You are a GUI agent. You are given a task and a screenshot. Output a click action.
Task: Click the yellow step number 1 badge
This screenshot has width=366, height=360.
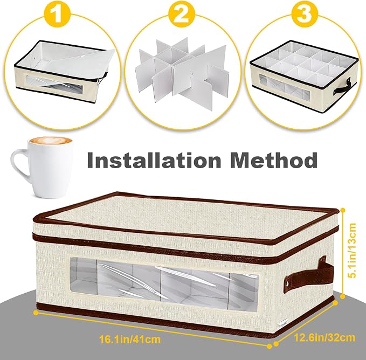tap(57, 14)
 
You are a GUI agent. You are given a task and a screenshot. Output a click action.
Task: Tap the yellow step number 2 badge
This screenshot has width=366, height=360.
tap(182, 14)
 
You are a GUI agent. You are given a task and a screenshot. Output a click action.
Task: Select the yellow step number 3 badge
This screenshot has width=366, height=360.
tap(303, 14)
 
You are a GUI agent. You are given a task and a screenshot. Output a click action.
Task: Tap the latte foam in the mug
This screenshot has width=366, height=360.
tap(51, 141)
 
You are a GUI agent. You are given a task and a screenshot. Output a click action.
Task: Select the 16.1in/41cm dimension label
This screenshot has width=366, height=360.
tap(130, 339)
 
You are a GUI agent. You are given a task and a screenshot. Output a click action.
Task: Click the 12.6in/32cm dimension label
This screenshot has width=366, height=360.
tap(324, 337)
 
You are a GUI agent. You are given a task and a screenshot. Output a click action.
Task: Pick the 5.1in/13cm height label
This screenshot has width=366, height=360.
tap(352, 250)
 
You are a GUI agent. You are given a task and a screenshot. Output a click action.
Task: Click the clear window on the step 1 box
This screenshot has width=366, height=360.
tap(54, 85)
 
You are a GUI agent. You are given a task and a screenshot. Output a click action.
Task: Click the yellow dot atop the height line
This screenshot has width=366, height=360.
tap(343, 210)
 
